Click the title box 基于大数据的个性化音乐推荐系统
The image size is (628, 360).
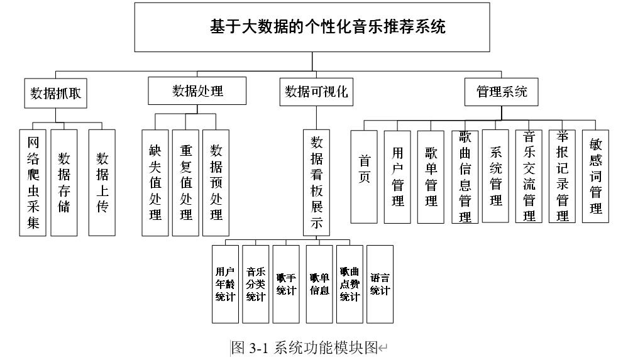[x=312, y=27]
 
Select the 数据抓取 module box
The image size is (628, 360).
[x=56, y=94]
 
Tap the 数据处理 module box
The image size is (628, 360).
[x=197, y=91]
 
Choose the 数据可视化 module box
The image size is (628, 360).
[x=316, y=92]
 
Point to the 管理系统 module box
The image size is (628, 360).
[x=502, y=92]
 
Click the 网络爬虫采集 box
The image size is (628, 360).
[x=33, y=183]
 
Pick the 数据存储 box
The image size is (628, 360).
[x=64, y=183]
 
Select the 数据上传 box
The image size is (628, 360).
[x=102, y=183]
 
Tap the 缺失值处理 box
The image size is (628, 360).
[x=155, y=183]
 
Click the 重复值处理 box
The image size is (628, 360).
[x=185, y=183]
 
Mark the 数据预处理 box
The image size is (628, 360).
[x=216, y=183]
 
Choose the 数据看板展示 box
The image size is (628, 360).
[x=316, y=183]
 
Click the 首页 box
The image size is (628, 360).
[x=364, y=177]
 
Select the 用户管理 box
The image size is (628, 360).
[x=397, y=177]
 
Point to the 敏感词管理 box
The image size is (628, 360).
[x=595, y=176]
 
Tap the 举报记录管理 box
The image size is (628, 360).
[x=562, y=176]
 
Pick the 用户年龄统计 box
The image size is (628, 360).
[x=225, y=284]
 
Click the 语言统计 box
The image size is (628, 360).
[x=380, y=284]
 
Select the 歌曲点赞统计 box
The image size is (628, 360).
[x=350, y=284]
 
